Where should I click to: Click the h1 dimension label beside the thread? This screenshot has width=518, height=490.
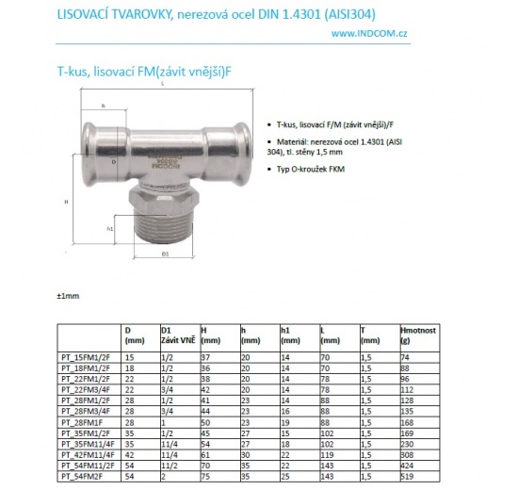pyautogui.click(x=111, y=228)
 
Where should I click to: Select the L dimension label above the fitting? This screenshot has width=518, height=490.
pyautogui.click(x=163, y=86)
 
